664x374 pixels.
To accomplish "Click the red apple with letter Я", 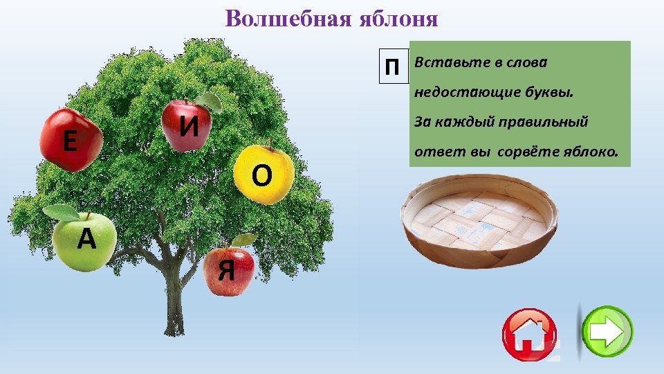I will (229, 271).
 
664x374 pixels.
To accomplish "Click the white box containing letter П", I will (392, 67).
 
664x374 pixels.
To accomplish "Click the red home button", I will (530, 335).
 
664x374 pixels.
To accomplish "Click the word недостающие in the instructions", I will (463, 93).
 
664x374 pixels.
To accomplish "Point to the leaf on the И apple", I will (210, 102).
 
